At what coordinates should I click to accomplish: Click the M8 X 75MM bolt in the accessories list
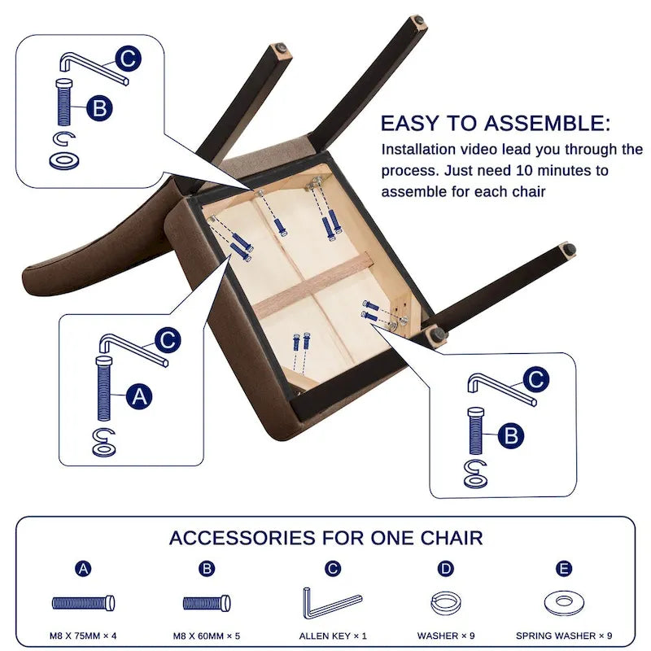[84, 603]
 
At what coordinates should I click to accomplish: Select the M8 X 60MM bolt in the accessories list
[207, 603]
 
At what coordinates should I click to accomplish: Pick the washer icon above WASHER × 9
[445, 604]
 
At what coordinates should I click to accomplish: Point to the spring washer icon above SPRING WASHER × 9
[564, 603]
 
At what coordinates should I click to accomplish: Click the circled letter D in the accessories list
[445, 568]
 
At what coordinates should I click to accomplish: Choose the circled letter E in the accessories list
[564, 568]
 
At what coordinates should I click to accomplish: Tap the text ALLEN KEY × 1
[333, 636]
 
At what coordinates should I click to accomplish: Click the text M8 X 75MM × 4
[83, 636]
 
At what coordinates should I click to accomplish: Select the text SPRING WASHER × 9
[564, 636]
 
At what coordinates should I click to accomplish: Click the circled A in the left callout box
[139, 396]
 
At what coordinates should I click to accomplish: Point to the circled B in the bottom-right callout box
[511, 435]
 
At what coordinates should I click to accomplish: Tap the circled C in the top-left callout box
[129, 59]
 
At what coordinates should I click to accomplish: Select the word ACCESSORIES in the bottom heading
[242, 538]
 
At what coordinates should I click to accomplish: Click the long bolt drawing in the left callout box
[104, 389]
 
